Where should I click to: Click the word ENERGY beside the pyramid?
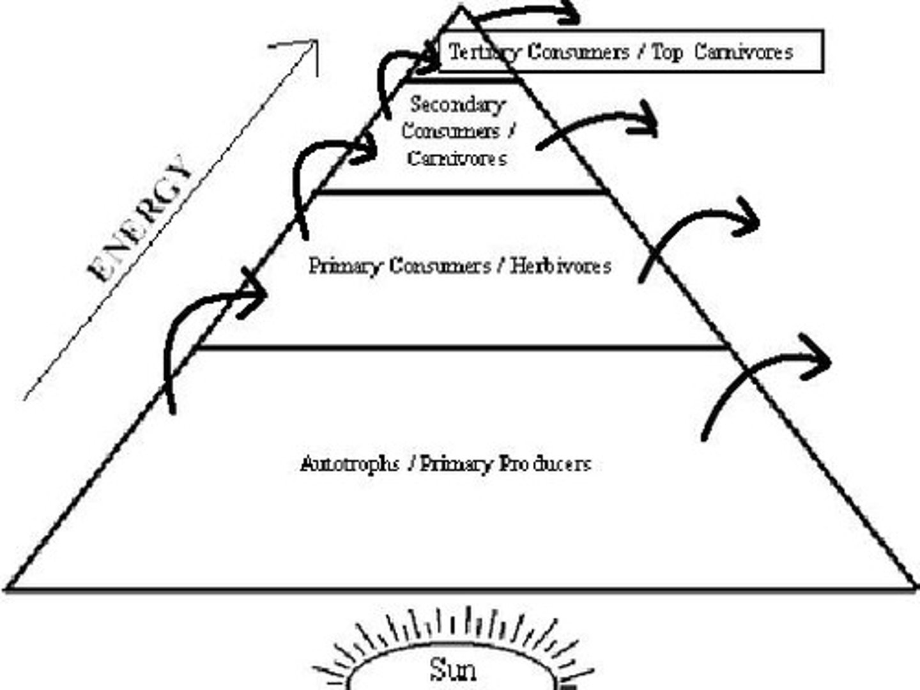(141, 218)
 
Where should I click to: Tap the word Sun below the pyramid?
(452, 670)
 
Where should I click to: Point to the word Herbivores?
(560, 265)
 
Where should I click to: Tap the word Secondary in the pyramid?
(457, 104)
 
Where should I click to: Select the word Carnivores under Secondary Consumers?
(457, 158)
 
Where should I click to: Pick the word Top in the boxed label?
(667, 52)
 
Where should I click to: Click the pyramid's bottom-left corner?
(8, 588)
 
